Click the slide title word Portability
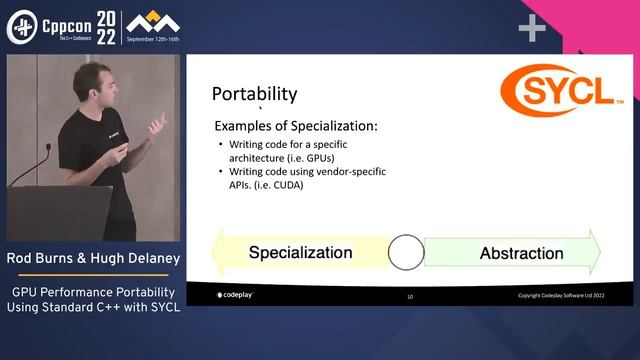click(x=254, y=94)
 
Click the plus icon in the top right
click(x=531, y=29)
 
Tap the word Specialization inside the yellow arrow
click(x=300, y=252)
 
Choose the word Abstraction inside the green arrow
click(x=521, y=253)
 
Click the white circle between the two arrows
click(x=406, y=252)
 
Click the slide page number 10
click(x=409, y=297)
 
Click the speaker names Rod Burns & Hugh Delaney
click(x=93, y=260)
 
